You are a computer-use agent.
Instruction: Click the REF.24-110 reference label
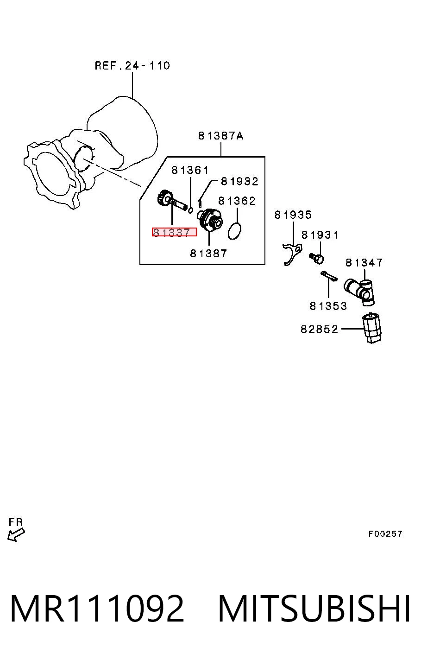point(132,65)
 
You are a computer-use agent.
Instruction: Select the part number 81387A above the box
point(221,136)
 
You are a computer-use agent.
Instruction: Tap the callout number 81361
point(190,170)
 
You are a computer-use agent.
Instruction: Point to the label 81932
point(239,181)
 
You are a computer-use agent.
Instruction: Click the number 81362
point(237,201)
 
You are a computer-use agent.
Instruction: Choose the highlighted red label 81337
point(174,232)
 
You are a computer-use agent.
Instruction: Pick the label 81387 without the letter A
point(208,254)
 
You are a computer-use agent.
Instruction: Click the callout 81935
point(293,215)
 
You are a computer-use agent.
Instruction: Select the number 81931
point(320,235)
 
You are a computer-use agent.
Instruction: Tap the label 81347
point(364,262)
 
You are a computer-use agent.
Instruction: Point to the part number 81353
point(328,306)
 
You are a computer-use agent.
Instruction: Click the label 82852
point(320,329)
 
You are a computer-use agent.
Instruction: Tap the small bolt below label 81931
point(317,258)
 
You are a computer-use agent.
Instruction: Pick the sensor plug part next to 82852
point(372,328)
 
